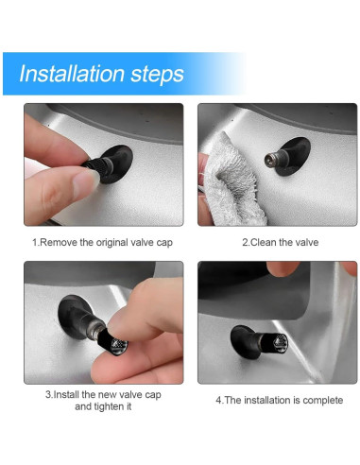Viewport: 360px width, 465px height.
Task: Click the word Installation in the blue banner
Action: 72,74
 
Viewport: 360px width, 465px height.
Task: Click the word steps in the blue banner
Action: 157,75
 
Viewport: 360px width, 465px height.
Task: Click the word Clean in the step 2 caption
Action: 264,242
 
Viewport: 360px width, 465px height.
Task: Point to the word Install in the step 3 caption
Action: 66,394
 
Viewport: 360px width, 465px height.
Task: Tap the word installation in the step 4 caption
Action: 267,400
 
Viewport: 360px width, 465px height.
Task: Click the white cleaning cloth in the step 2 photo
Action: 231,182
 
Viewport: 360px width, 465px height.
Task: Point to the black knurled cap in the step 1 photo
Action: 94,164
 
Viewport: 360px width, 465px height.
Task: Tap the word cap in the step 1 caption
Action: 164,244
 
